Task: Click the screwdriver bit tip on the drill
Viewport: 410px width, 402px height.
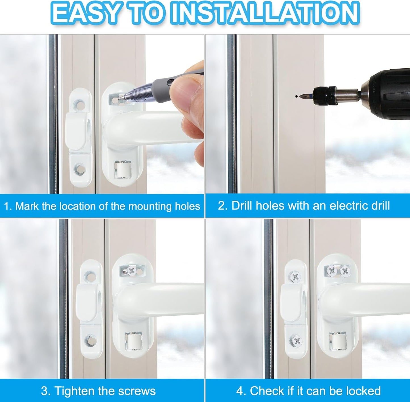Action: (302, 96)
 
